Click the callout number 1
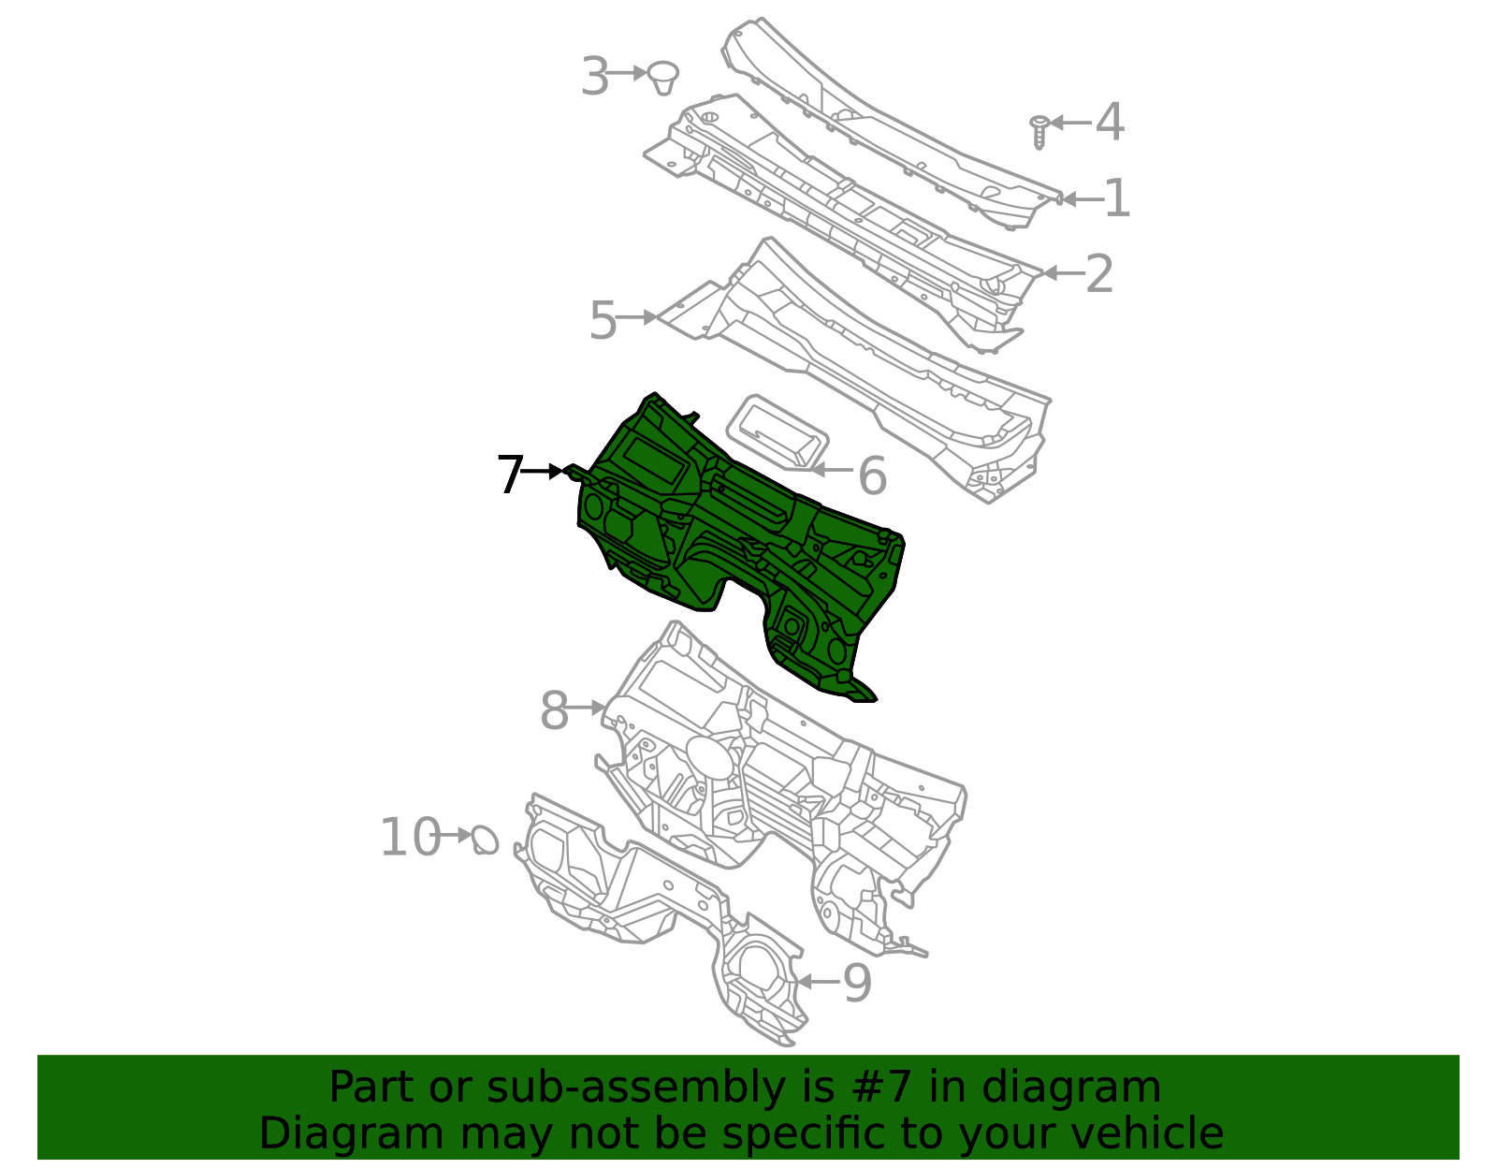pos(1116,198)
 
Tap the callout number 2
pos(1099,274)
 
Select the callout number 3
pos(595,76)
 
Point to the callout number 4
pos(1110,123)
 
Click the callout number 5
pos(603,321)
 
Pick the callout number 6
pos(872,476)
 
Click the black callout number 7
pos(510,475)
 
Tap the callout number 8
pos(554,711)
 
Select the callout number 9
pos(857,984)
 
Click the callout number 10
pos(410,837)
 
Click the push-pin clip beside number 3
pos(663,77)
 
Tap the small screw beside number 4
pos(1039,131)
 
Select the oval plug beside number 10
pos(485,840)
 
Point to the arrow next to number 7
pos(543,471)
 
